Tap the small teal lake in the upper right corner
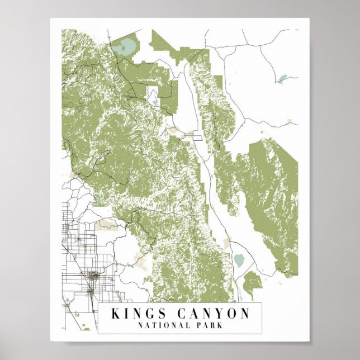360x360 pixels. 283,78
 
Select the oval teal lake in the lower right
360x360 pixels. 239,259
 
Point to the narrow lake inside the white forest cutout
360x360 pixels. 153,98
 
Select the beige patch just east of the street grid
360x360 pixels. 106,225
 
